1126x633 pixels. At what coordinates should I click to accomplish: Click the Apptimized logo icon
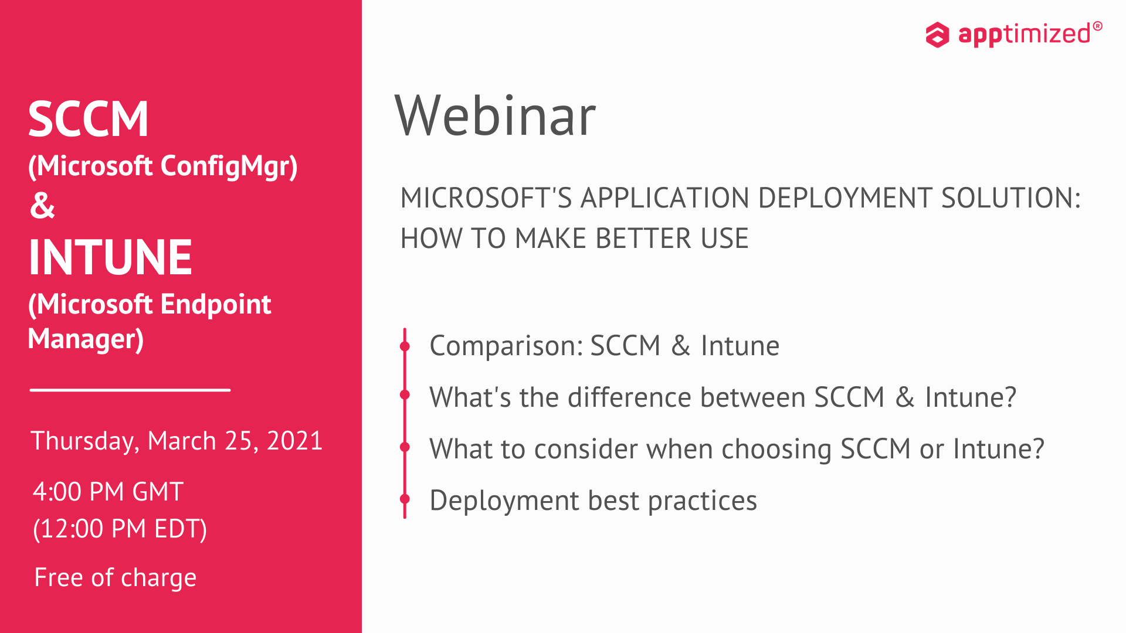coord(937,35)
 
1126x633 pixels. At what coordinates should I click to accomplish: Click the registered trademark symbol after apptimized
coord(1097,26)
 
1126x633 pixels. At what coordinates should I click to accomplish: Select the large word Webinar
coord(496,116)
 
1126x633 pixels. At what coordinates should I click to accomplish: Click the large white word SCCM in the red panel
coord(89,119)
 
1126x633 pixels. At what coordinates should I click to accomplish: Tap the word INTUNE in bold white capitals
coord(110,257)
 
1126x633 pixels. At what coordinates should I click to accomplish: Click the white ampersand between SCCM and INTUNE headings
coord(42,206)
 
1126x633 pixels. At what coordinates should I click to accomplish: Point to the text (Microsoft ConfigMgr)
coord(163,166)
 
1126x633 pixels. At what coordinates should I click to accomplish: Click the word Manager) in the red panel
coord(86,339)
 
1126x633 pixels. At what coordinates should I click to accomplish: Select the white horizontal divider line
coord(130,390)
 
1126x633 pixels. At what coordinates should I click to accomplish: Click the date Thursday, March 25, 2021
coord(177,441)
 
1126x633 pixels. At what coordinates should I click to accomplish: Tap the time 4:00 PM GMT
coord(108,492)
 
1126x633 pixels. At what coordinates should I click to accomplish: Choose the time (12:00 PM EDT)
coord(120,529)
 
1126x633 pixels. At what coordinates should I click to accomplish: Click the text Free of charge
coord(116,578)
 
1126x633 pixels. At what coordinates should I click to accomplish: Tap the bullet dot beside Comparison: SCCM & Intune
coord(405,346)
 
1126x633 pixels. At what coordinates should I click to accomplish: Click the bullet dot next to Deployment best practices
coord(405,499)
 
